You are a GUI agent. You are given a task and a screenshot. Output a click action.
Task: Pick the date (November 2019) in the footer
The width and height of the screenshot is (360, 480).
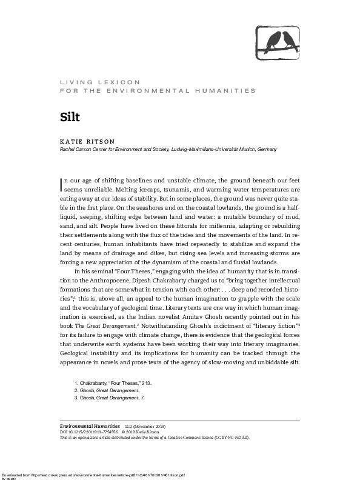(155, 435)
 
